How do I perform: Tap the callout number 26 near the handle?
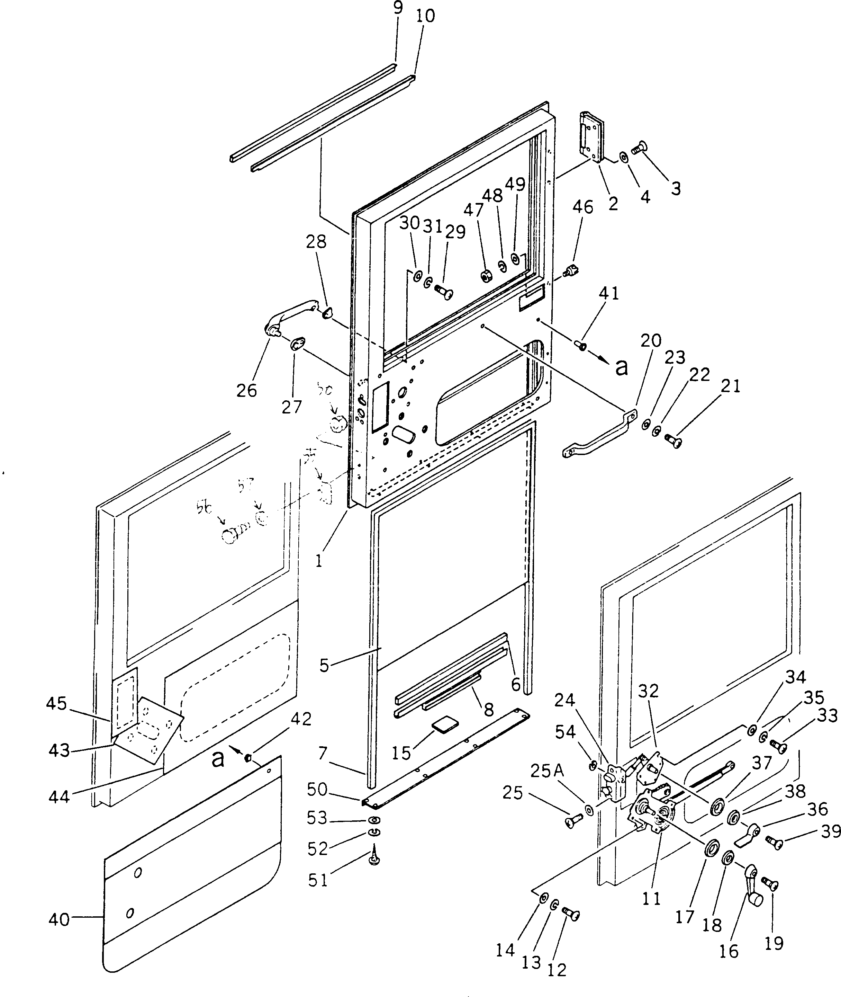pos(246,390)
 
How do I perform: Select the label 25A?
pos(547,771)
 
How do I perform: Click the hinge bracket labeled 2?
pos(591,138)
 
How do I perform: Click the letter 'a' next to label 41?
pos(621,367)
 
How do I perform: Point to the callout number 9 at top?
pos(397,8)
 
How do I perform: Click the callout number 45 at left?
pos(56,703)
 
